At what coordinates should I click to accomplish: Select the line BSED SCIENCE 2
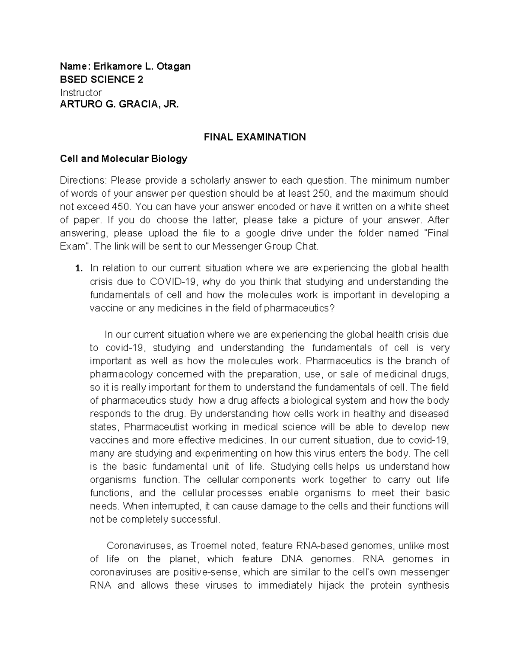point(102,79)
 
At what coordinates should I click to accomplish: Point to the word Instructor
point(81,93)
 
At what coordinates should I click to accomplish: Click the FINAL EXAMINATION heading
point(255,137)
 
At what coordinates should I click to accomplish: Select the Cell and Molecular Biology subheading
point(123,159)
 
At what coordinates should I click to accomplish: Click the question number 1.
point(77,269)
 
